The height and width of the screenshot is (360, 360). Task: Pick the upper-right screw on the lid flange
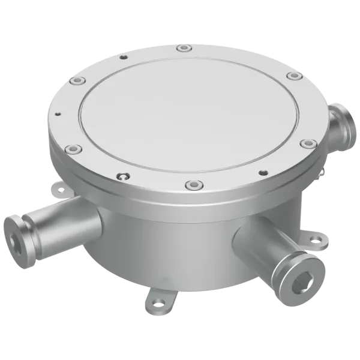point(292,76)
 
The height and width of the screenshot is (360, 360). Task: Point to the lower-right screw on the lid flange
point(307,143)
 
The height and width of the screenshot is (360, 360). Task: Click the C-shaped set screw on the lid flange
point(122,176)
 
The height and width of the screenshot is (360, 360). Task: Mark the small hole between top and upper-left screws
point(124,56)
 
